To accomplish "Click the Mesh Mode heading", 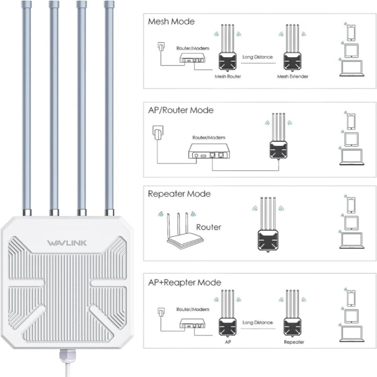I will click(171, 22).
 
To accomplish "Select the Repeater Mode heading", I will click(178, 194).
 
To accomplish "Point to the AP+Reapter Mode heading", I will click(184, 282).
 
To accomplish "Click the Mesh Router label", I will click(228, 76).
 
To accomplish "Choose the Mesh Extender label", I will click(293, 76).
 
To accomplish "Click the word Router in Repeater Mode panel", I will click(209, 227).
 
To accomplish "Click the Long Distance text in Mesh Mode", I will click(257, 57).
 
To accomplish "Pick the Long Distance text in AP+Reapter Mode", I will click(257, 323).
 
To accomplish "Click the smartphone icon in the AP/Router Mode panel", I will click(350, 121).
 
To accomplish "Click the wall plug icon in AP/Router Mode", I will click(157, 133).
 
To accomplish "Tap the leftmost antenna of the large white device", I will click(26, 106).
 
